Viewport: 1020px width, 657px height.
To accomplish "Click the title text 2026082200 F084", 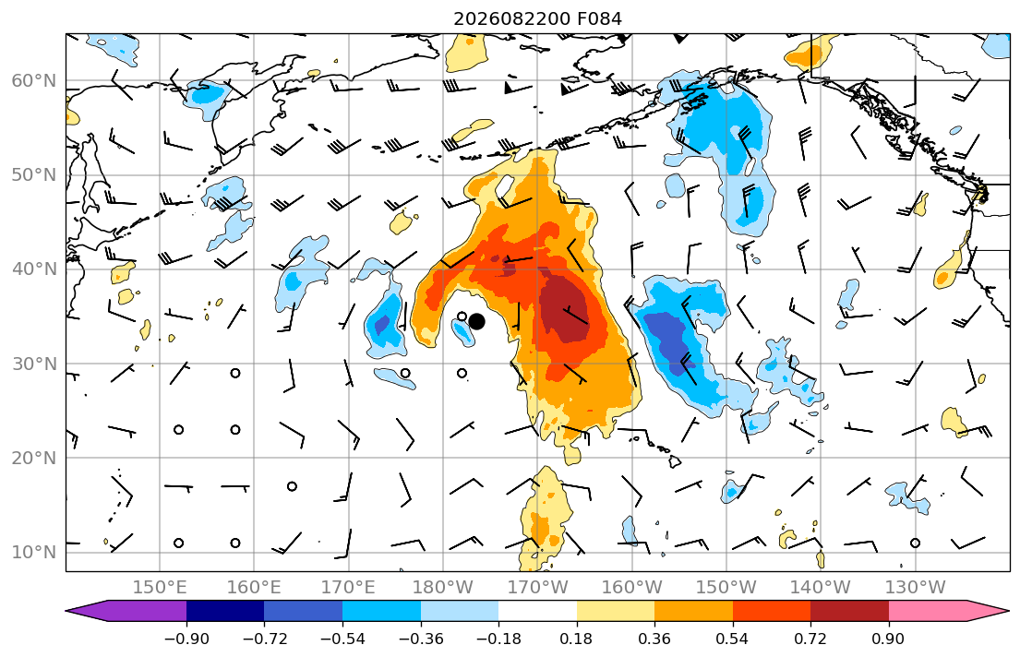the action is pyautogui.click(x=537, y=18).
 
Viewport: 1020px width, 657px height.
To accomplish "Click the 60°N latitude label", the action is pyautogui.click(x=34, y=80).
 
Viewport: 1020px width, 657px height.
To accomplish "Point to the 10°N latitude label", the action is pyautogui.click(x=34, y=553).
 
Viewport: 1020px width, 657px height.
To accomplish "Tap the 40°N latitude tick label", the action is pyautogui.click(x=34, y=269).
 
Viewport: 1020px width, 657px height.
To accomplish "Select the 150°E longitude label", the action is pyautogui.click(x=160, y=588).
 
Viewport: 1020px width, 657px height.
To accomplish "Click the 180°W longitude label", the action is pyautogui.click(x=443, y=588).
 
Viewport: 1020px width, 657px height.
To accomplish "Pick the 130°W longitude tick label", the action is pyautogui.click(x=916, y=588).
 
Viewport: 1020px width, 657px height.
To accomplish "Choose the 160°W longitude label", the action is pyautogui.click(x=631, y=588).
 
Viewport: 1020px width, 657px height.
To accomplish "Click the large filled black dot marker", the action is pyautogui.click(x=477, y=321).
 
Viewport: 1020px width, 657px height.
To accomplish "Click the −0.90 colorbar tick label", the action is pyautogui.click(x=186, y=639).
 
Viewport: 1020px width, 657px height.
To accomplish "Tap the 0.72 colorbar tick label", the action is pyautogui.click(x=810, y=639).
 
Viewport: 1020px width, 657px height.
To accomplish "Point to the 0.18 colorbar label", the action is pyautogui.click(x=576, y=639).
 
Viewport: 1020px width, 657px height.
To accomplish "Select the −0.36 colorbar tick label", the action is pyautogui.click(x=420, y=639).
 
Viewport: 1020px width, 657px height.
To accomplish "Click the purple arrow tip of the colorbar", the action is pyautogui.click(x=66, y=611).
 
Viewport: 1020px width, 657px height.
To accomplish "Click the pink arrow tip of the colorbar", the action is pyautogui.click(x=1009, y=611).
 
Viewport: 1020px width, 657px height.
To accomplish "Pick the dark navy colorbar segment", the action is pyautogui.click(x=225, y=611).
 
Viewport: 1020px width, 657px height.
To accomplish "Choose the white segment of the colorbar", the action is pyautogui.click(x=537, y=611).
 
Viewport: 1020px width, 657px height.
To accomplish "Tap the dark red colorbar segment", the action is pyautogui.click(x=849, y=611).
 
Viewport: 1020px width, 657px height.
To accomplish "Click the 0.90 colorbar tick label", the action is pyautogui.click(x=889, y=639).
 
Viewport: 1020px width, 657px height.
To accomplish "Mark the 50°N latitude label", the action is pyautogui.click(x=34, y=175).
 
